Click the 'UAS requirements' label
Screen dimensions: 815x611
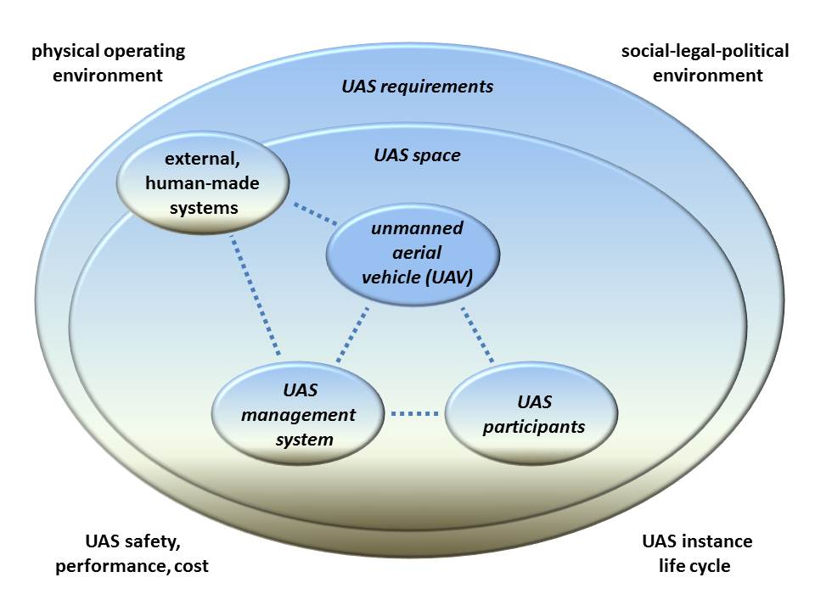pos(418,87)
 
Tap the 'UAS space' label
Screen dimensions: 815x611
pos(418,154)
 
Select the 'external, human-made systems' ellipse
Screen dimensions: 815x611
pos(203,182)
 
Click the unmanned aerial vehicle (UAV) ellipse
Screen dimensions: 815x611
pos(413,254)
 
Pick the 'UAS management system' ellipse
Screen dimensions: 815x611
pos(298,413)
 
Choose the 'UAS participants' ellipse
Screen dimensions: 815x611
pos(531,413)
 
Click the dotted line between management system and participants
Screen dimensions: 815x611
pos(415,413)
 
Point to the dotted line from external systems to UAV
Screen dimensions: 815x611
pos(315,214)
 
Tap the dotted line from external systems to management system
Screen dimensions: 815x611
pos(256,295)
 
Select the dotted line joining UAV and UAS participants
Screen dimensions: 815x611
pos(477,334)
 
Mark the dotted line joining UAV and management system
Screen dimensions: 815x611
pos(352,334)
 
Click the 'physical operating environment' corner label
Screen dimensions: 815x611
pos(108,63)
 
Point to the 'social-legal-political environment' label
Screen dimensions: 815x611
pos(705,63)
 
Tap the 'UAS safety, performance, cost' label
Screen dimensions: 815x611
pos(132,553)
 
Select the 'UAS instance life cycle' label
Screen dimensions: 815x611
pos(696,553)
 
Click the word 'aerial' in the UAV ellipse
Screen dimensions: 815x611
pos(417,253)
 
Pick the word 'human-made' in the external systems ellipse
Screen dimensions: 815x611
pos(202,183)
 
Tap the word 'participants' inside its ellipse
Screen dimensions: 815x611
pos(534,427)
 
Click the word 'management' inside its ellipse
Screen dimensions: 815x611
pos(298,415)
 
